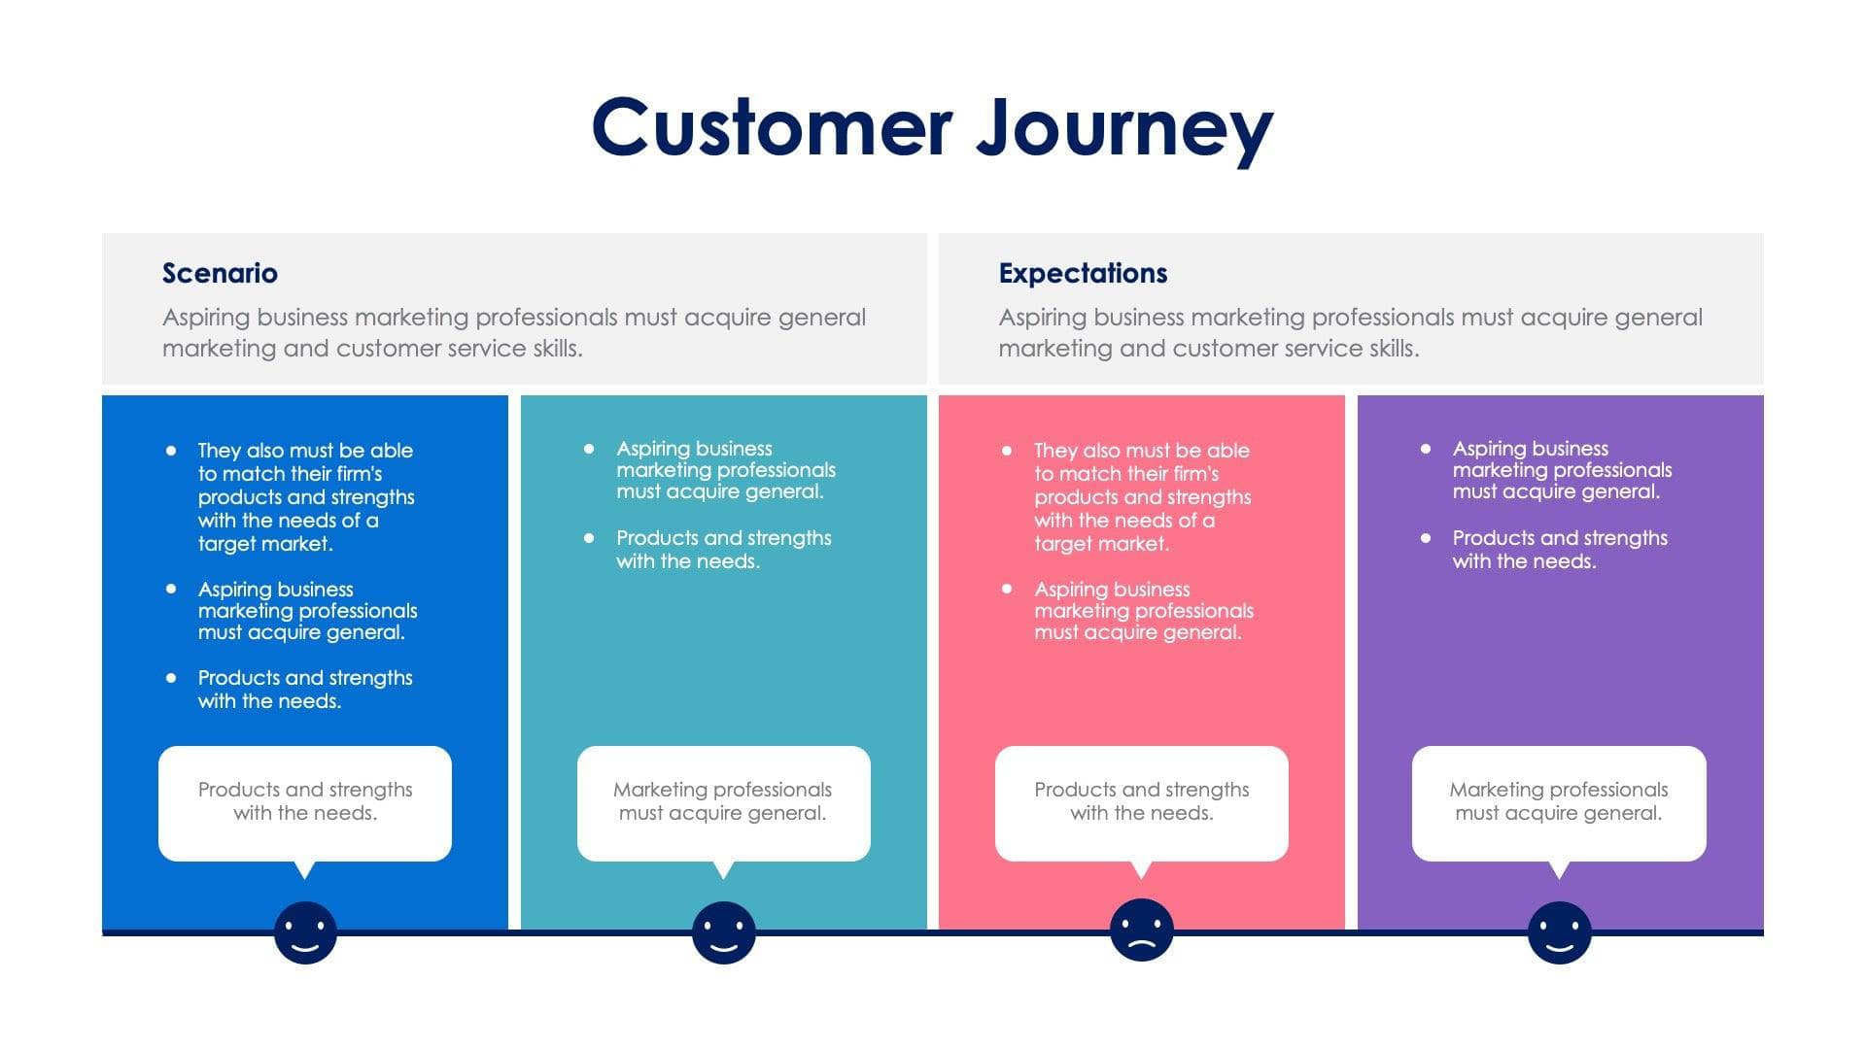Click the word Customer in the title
point(772,127)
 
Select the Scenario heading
point(220,273)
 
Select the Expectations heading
point(1083,273)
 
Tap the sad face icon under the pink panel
point(1141,931)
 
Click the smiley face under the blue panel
point(305,932)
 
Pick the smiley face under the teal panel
point(723,932)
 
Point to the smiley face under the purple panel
point(1559,932)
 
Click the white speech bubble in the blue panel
point(305,802)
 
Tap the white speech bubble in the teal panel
point(723,802)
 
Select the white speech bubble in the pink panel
point(1141,802)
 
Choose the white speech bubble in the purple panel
point(1559,802)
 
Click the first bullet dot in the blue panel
point(171,450)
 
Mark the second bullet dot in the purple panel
point(1426,537)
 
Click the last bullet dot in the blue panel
point(171,677)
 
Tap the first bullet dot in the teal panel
point(589,448)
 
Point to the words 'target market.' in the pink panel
point(1101,544)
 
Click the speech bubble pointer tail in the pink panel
point(1142,869)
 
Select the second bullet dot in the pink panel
point(1007,589)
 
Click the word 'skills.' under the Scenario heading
point(556,349)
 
